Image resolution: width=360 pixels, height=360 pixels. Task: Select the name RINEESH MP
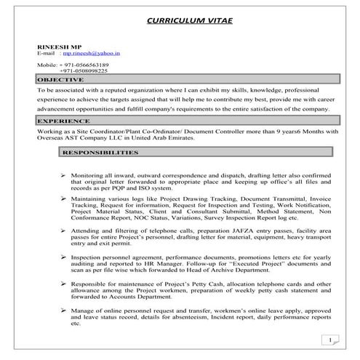(x=56, y=47)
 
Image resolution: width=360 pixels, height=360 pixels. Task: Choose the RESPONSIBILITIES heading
(x=100, y=153)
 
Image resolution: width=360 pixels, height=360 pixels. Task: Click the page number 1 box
(x=331, y=340)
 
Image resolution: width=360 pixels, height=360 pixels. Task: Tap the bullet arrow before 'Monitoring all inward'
(x=64, y=177)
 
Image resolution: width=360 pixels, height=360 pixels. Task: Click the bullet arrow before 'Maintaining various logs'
(x=64, y=198)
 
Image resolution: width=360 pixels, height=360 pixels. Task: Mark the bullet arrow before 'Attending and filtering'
(x=64, y=230)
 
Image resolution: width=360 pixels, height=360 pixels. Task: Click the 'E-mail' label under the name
(x=47, y=55)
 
